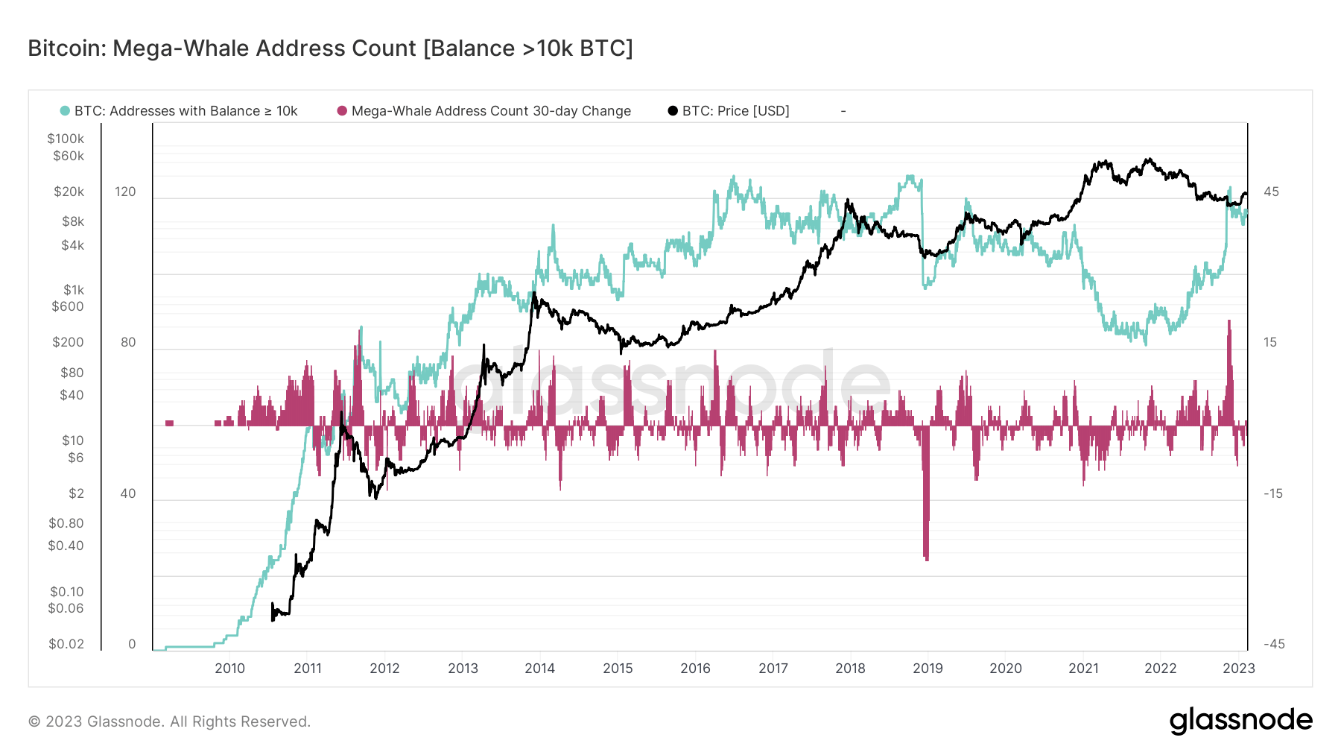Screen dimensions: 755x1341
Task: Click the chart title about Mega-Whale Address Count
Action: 330,48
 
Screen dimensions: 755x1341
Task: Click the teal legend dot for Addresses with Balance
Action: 65,111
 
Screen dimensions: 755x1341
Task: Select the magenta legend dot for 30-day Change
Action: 342,111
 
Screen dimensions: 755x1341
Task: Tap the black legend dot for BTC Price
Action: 673,111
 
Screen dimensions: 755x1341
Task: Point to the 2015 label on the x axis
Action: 618,669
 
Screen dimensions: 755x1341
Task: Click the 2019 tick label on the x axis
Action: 928,669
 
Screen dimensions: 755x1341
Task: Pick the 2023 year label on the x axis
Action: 1238,669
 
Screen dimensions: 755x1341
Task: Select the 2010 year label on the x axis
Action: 229,669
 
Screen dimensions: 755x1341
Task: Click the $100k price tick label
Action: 66,139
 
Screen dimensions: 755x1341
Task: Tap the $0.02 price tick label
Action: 66,644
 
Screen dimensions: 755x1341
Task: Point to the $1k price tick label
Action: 73,290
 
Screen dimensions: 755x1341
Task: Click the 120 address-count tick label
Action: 125,192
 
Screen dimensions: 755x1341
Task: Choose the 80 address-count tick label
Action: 128,342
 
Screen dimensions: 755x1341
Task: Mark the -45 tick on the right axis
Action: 1273,644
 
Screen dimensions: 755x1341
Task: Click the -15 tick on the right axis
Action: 1273,493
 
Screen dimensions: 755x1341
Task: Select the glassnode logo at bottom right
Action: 1240,721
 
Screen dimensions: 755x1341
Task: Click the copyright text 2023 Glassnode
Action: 169,721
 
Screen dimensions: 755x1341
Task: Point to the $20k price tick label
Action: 69,192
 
